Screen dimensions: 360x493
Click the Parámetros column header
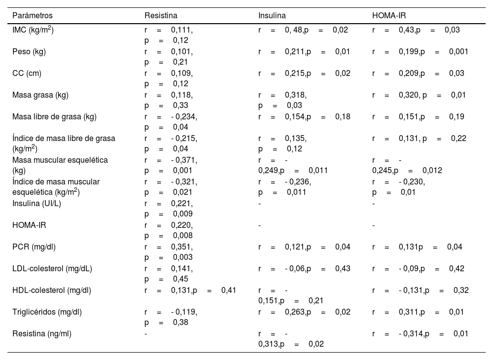pos(33,16)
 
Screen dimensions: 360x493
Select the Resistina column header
pos(161,16)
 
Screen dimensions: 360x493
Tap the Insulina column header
pos(272,16)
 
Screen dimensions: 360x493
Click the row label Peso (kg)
pos(29,52)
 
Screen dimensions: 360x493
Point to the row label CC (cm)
pos(27,73)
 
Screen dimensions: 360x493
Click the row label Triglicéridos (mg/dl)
pos(47,312)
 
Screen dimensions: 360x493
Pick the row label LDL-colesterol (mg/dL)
pos(53,269)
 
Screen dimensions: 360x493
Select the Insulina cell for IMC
pos(303,30)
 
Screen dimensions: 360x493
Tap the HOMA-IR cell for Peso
pos(420,52)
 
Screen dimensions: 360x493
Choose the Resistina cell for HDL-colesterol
pos(190,290)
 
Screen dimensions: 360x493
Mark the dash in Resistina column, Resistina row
pos(145,334)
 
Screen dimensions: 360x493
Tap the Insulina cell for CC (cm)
pos(304,73)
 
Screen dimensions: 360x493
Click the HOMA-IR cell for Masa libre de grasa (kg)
pos(418,117)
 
